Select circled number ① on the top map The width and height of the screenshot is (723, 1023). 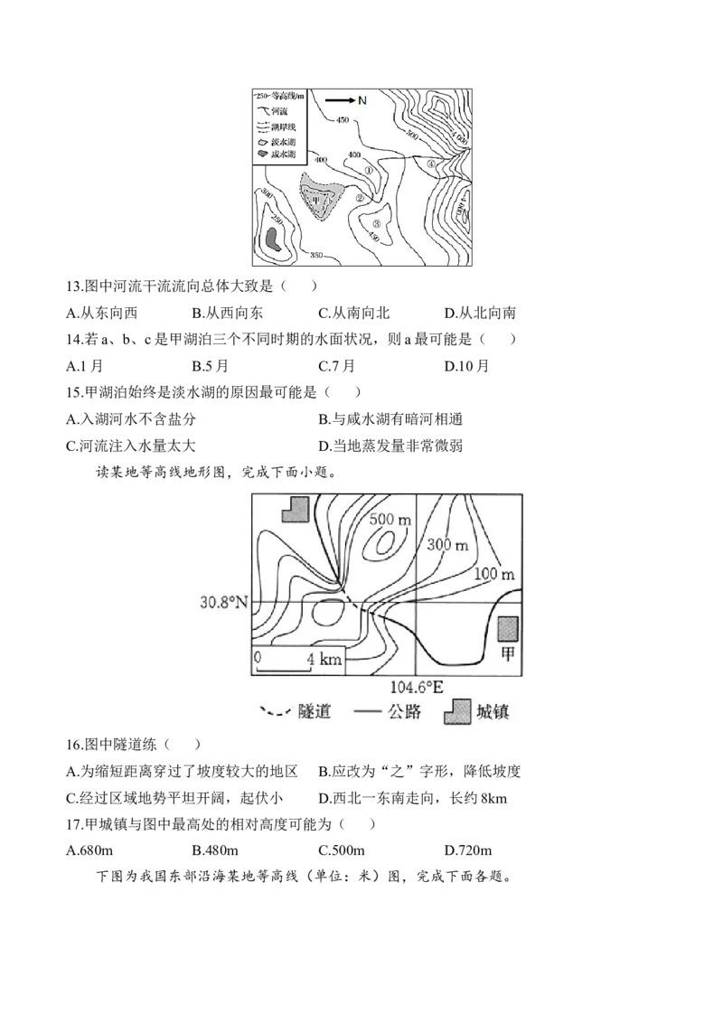(368, 169)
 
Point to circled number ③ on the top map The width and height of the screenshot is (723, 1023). (376, 225)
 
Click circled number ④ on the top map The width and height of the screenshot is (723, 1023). (431, 164)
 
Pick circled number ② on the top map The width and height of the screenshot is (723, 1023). (360, 199)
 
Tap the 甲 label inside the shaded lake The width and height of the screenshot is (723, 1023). (315, 202)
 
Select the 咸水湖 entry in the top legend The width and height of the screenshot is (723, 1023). (274, 154)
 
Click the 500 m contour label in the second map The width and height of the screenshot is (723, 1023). (390, 520)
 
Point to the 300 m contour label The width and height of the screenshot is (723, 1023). (446, 545)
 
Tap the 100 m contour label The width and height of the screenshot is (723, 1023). (493, 574)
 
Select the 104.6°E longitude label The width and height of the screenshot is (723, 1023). (415, 687)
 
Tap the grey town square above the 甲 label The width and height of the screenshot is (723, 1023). (509, 631)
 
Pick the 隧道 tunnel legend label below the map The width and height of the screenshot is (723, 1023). (315, 711)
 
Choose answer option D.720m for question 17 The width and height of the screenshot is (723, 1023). (467, 850)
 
